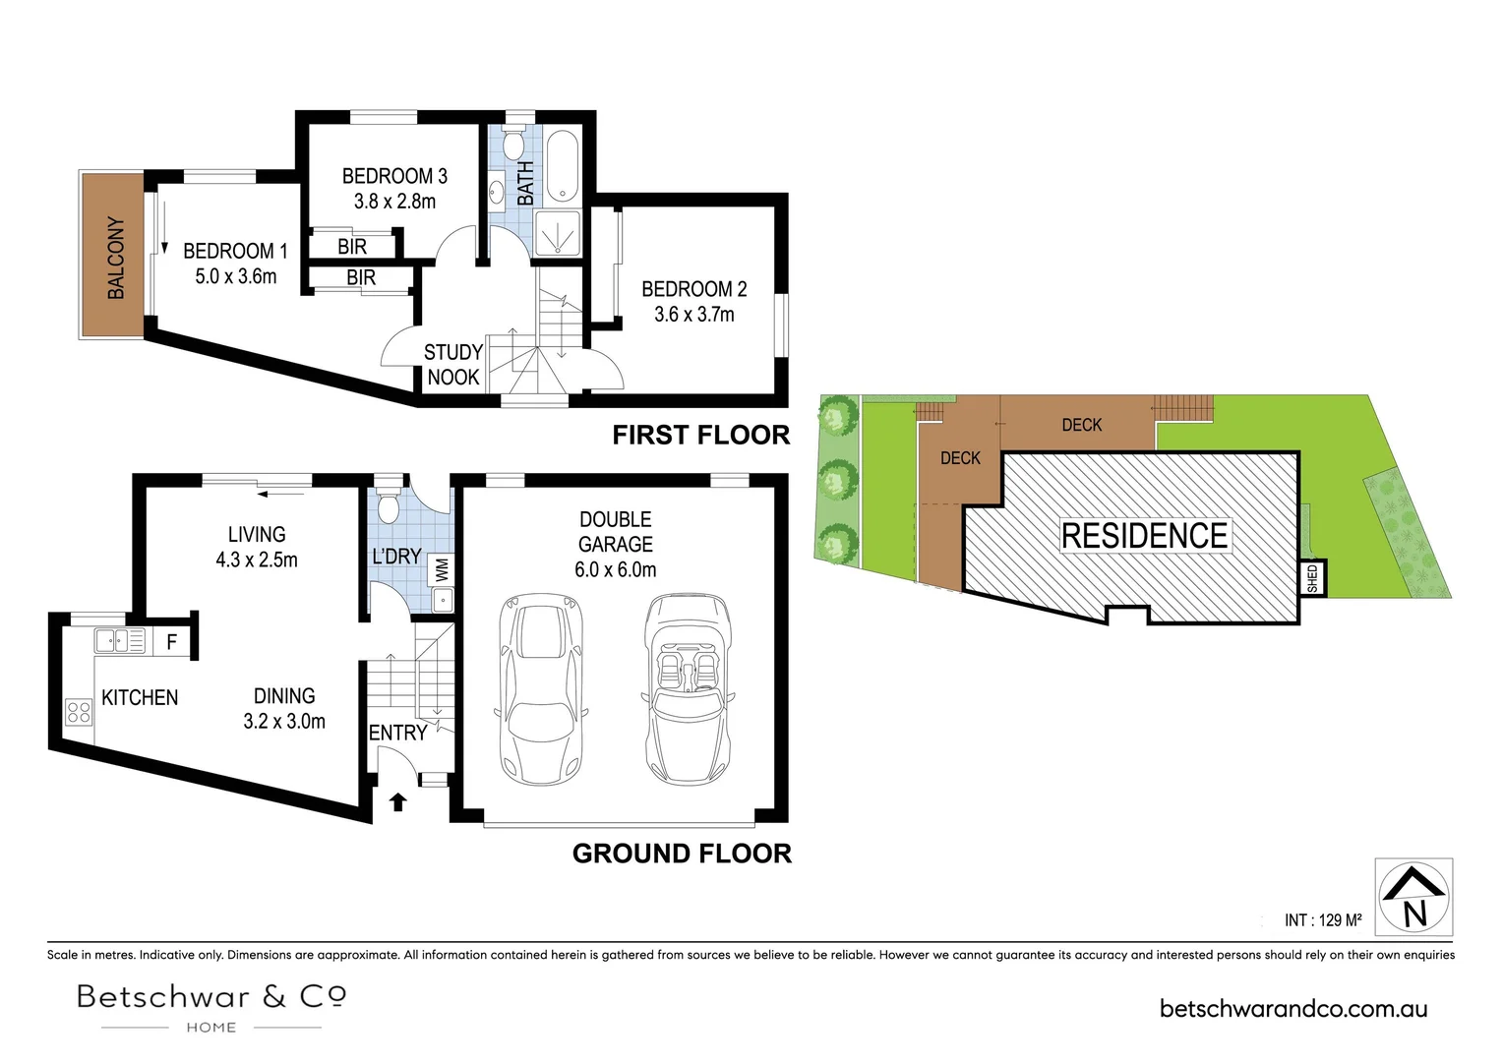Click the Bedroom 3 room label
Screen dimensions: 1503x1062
coord(394,189)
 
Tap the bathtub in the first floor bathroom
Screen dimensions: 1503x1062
coord(562,166)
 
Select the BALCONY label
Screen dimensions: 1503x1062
coord(116,258)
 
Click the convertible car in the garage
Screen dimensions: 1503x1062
coord(688,688)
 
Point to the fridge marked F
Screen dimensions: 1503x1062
coord(172,642)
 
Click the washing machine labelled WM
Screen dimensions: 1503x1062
coord(443,570)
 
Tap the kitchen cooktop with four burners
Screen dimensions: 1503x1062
coord(79,712)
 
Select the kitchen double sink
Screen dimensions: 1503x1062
coord(119,641)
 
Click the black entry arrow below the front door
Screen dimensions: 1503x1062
coord(398,802)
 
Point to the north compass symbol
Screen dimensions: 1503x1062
coord(1413,898)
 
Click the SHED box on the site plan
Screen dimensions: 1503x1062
coord(1313,578)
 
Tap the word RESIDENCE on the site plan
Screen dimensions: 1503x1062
coord(1144,535)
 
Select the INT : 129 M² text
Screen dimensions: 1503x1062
coord(1323,919)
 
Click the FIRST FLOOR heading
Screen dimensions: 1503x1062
coord(701,435)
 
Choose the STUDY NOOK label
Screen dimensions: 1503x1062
coord(453,364)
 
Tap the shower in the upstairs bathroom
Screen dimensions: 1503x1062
coord(558,233)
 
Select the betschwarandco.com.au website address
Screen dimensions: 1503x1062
coord(1293,1009)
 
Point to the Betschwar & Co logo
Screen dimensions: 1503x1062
coord(211,1007)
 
